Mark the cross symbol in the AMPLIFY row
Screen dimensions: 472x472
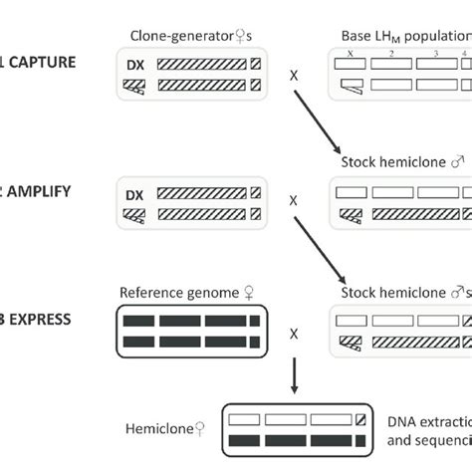pos(293,200)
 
